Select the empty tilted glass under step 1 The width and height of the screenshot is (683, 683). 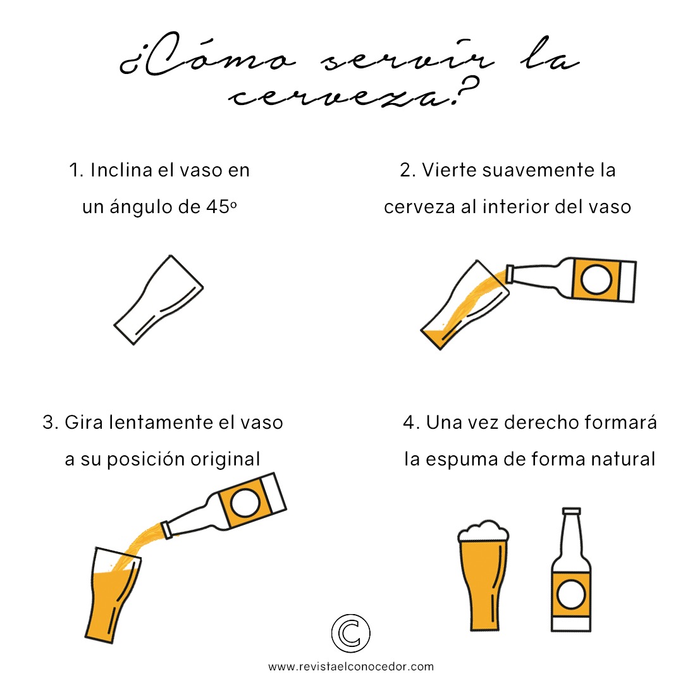pyautogui.click(x=159, y=300)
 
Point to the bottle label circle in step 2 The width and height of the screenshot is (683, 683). pyautogui.click(x=596, y=280)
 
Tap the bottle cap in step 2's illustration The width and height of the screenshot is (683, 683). pyautogui.click(x=510, y=274)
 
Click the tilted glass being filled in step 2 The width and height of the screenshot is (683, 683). pyautogui.click(x=464, y=305)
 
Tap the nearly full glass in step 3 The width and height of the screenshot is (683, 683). pyautogui.click(x=113, y=595)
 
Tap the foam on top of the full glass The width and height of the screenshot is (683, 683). pyautogui.click(x=483, y=531)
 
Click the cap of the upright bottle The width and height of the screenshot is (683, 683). pyautogui.click(x=572, y=511)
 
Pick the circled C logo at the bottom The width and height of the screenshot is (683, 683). pyautogui.click(x=350, y=633)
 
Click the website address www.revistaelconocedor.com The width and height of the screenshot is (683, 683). pyautogui.click(x=351, y=667)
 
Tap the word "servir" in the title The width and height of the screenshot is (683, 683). pyautogui.click(x=408, y=60)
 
